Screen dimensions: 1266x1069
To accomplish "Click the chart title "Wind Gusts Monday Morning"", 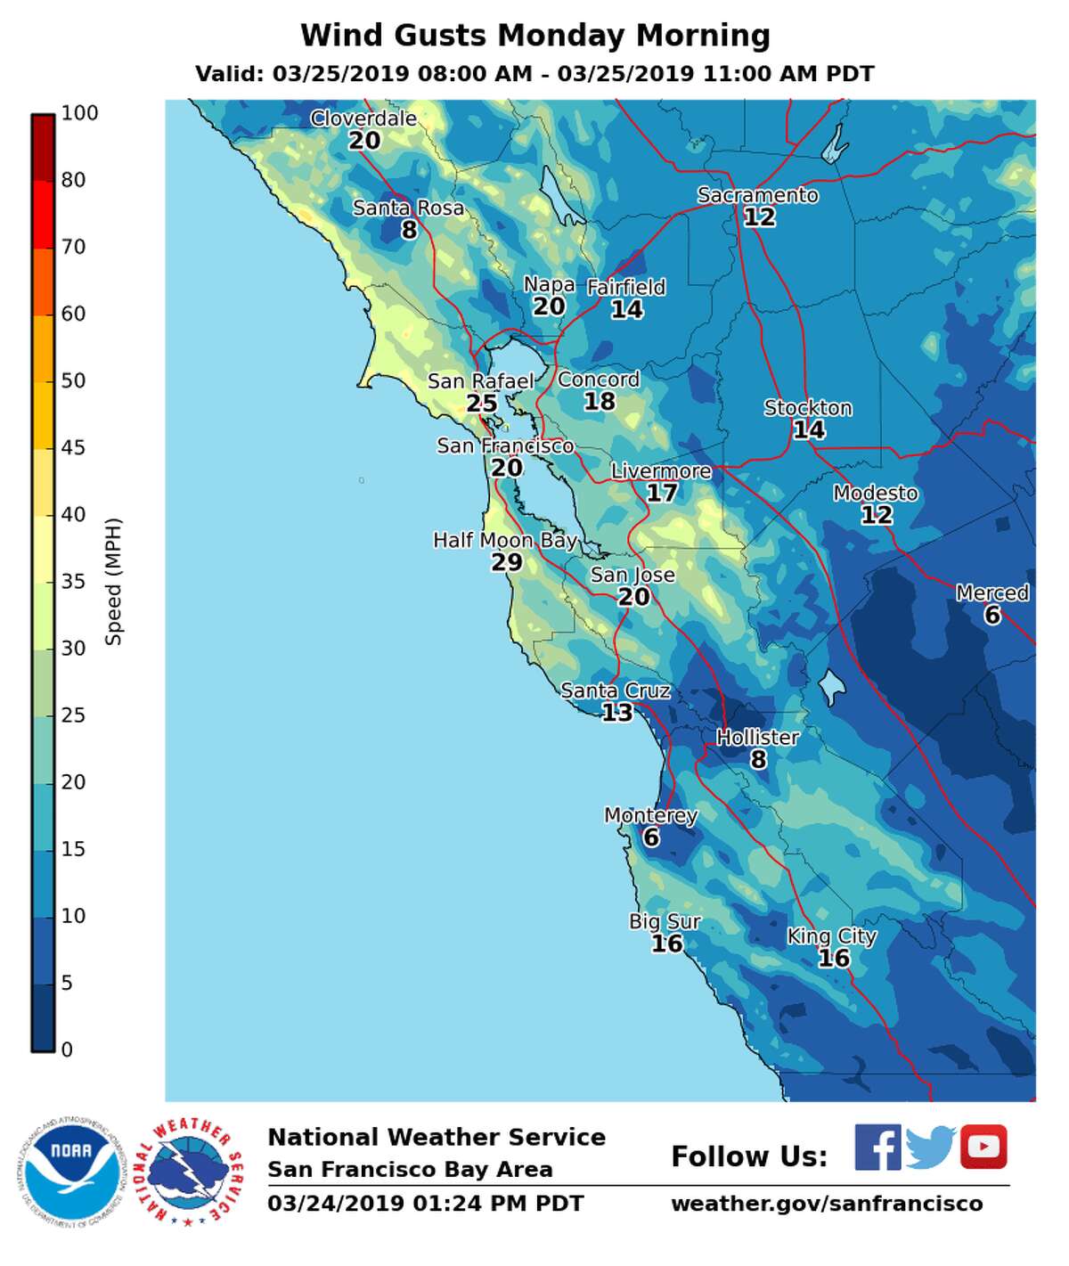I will pyautogui.click(x=534, y=36).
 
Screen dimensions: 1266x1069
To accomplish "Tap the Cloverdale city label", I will pyautogui.click(x=363, y=118).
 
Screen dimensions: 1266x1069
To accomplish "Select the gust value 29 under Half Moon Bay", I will pyautogui.click(x=507, y=563).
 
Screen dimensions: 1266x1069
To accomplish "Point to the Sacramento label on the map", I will pyautogui.click(x=757, y=195).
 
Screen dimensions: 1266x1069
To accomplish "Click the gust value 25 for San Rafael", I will pyautogui.click(x=482, y=404).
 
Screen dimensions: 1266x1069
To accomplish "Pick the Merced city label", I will pyautogui.click(x=992, y=593).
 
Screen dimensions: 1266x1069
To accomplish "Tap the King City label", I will pyautogui.click(x=832, y=936).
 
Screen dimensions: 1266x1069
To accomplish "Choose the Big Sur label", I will pyautogui.click(x=665, y=922).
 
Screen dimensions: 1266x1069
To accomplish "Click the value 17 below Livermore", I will pyautogui.click(x=662, y=494).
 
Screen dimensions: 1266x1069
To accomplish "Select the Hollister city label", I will pyautogui.click(x=758, y=738).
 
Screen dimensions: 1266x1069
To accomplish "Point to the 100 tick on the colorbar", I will pyautogui.click(x=79, y=113).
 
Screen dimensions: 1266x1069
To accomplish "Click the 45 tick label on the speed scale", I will pyautogui.click(x=73, y=447).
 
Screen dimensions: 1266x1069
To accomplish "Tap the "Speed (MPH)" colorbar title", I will pyautogui.click(x=113, y=581).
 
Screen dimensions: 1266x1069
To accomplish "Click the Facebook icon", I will pyautogui.click(x=877, y=1148).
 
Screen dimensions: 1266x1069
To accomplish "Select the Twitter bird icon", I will pyautogui.click(x=930, y=1148).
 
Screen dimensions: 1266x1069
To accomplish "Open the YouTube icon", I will pyautogui.click(x=983, y=1148).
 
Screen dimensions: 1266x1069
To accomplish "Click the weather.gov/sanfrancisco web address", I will pyautogui.click(x=827, y=1204).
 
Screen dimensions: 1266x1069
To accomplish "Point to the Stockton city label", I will pyautogui.click(x=808, y=408).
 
